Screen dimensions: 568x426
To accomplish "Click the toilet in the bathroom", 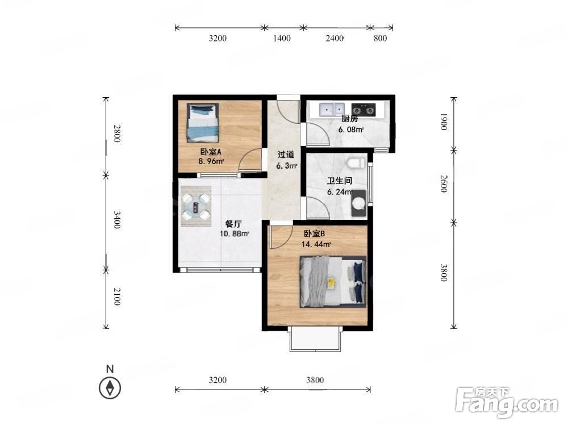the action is (x=356, y=162).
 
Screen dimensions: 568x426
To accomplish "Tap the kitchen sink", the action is (x=332, y=109).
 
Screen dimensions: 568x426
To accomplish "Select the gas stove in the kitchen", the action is (x=364, y=110).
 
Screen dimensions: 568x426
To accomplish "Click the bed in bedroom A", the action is (x=203, y=123).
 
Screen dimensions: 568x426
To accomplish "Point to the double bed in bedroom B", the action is (x=333, y=282).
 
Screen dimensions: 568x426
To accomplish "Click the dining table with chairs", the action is (x=196, y=207).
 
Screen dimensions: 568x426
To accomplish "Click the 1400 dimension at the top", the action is (x=282, y=38).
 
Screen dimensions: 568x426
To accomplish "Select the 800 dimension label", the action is (x=380, y=38).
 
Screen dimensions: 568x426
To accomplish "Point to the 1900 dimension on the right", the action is (x=444, y=122).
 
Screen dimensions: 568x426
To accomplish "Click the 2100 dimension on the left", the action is (x=116, y=296).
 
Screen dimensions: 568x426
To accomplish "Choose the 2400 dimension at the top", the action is (x=334, y=38).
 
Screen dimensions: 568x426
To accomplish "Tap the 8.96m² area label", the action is (x=211, y=161).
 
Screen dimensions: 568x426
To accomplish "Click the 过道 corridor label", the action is (x=286, y=154).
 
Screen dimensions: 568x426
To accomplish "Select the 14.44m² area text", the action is (x=316, y=244).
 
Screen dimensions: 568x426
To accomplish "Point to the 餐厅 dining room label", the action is (x=233, y=224).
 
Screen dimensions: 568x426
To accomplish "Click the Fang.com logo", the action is (x=507, y=402).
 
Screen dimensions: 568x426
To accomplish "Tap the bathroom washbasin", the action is (x=359, y=203).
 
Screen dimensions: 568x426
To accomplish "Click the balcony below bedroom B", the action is (x=315, y=339).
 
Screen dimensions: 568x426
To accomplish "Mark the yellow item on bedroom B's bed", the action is (x=331, y=283).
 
